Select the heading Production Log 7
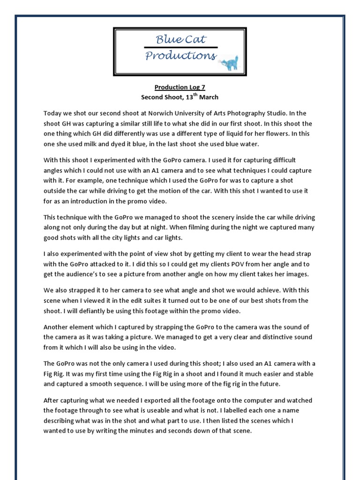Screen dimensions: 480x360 [180, 87]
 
